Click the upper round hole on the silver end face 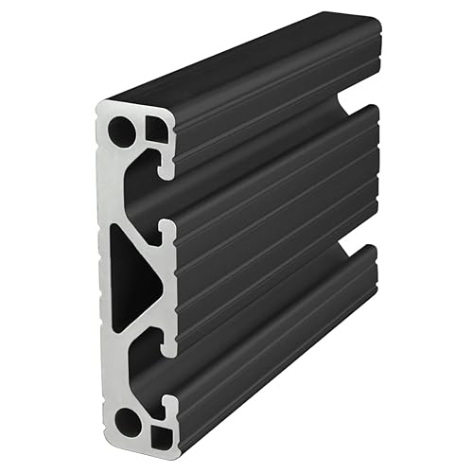pyautogui.click(x=122, y=131)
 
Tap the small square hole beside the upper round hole pyautogui.click(x=156, y=129)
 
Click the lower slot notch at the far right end pyautogui.click(x=357, y=253)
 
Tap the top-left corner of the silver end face pyautogui.click(x=99, y=107)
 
